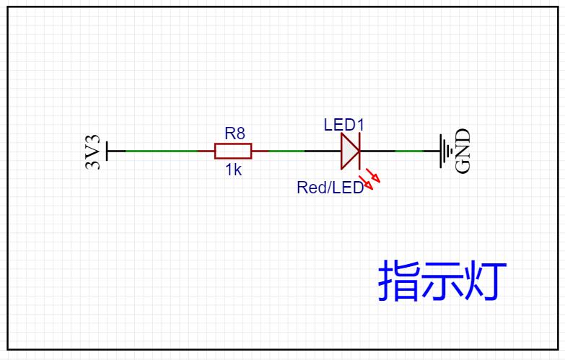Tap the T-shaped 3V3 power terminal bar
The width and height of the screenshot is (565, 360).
click(x=108, y=151)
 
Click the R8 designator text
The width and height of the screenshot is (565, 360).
click(x=235, y=133)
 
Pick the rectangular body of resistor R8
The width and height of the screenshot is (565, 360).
click(x=233, y=151)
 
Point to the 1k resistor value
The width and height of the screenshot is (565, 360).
click(x=233, y=170)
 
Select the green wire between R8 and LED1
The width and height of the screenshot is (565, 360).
click(x=286, y=151)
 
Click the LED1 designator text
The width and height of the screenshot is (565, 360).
click(x=344, y=125)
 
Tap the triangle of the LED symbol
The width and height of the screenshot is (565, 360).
click(x=348, y=151)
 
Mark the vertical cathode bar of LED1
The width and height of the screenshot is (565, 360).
click(x=359, y=151)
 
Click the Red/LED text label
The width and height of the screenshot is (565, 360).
click(x=330, y=188)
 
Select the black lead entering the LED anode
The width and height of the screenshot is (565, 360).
click(x=322, y=151)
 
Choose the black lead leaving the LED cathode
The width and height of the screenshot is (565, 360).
click(x=377, y=151)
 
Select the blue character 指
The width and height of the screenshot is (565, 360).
click(x=397, y=281)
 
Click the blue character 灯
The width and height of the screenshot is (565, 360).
click(x=480, y=281)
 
